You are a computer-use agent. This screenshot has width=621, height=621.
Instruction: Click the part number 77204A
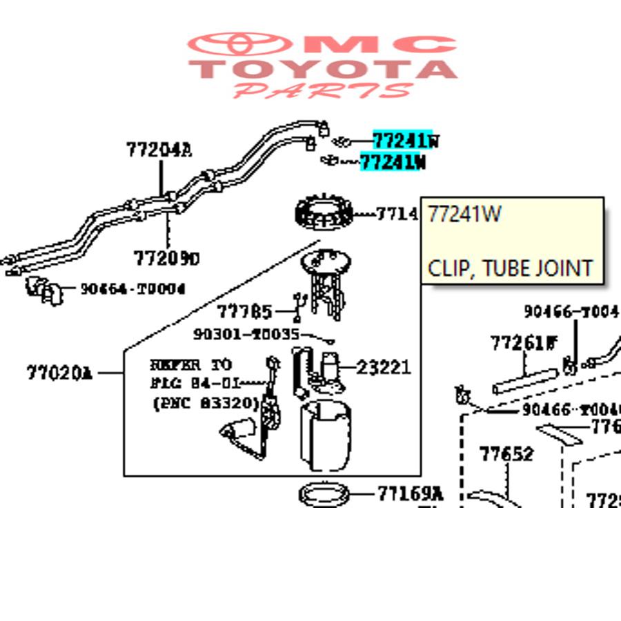coord(158,149)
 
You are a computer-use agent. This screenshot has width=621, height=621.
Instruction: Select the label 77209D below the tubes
coord(166,258)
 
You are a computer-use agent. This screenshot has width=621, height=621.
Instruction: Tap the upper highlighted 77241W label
coord(404,140)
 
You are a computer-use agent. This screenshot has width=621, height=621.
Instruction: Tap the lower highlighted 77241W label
coord(393,162)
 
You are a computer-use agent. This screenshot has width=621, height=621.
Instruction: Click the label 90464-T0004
coord(132,288)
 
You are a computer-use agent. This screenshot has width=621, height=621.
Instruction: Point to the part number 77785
coord(244,313)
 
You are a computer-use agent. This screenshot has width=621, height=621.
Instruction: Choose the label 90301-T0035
coord(246,335)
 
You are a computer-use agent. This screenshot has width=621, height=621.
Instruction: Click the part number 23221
coord(384,366)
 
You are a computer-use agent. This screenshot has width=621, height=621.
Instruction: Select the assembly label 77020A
coord(59,373)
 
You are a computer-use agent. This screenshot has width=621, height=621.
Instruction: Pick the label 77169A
coord(410,493)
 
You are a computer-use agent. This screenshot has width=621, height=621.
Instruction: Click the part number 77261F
coord(523,342)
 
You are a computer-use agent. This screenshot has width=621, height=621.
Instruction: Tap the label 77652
coord(506,454)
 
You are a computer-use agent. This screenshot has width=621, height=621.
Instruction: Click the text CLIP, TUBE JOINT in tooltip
coord(510,267)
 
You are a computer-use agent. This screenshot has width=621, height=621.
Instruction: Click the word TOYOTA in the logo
coord(322,69)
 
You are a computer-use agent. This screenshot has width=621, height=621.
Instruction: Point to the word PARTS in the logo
coord(322,90)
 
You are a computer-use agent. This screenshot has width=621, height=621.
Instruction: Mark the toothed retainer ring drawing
coord(324,215)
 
